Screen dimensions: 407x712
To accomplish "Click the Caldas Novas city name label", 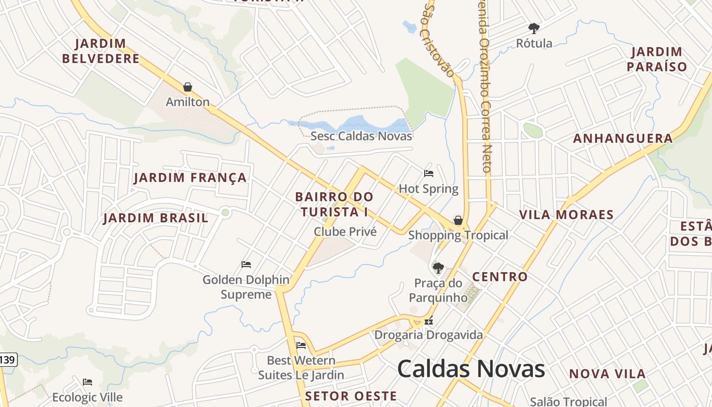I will (x=471, y=369).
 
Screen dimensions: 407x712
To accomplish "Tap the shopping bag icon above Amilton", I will (x=188, y=87).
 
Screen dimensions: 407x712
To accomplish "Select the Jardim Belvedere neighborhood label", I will (x=101, y=51).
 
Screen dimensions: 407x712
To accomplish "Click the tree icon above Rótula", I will (x=533, y=28).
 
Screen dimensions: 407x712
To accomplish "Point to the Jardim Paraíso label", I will (x=657, y=59).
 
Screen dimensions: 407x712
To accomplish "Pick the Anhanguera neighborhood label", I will (x=623, y=138).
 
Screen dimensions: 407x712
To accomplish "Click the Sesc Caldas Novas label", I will (x=361, y=136).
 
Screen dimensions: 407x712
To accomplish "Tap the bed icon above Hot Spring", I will (x=429, y=173).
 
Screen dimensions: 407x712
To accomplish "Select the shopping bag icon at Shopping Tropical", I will (x=458, y=220).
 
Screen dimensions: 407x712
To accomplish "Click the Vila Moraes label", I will (x=567, y=215).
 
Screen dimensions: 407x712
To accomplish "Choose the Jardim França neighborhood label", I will (x=190, y=178).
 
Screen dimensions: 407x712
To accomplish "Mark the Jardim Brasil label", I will (x=156, y=218).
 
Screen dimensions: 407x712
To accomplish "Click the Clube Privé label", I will (x=345, y=232).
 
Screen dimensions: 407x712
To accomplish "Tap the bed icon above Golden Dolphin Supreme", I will (x=246, y=265).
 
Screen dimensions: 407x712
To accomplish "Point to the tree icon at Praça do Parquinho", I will (x=438, y=268).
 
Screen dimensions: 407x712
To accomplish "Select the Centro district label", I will (x=500, y=277).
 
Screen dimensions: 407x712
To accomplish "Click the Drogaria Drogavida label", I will (x=428, y=335).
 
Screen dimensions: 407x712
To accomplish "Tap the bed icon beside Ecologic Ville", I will (x=87, y=382).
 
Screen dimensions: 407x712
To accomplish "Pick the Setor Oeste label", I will (x=351, y=396).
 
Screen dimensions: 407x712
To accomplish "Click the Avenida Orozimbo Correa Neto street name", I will (x=484, y=86).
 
